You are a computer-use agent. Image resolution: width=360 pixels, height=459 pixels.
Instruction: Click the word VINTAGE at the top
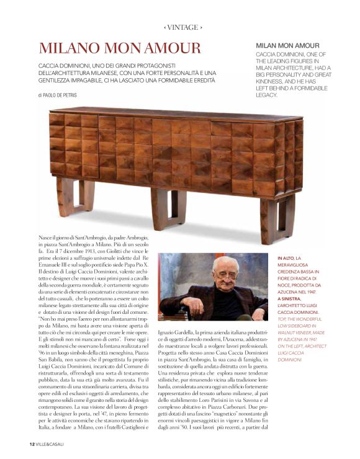[x=183, y=27]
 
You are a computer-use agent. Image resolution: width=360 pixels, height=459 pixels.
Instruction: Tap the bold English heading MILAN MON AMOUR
[x=287, y=46]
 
